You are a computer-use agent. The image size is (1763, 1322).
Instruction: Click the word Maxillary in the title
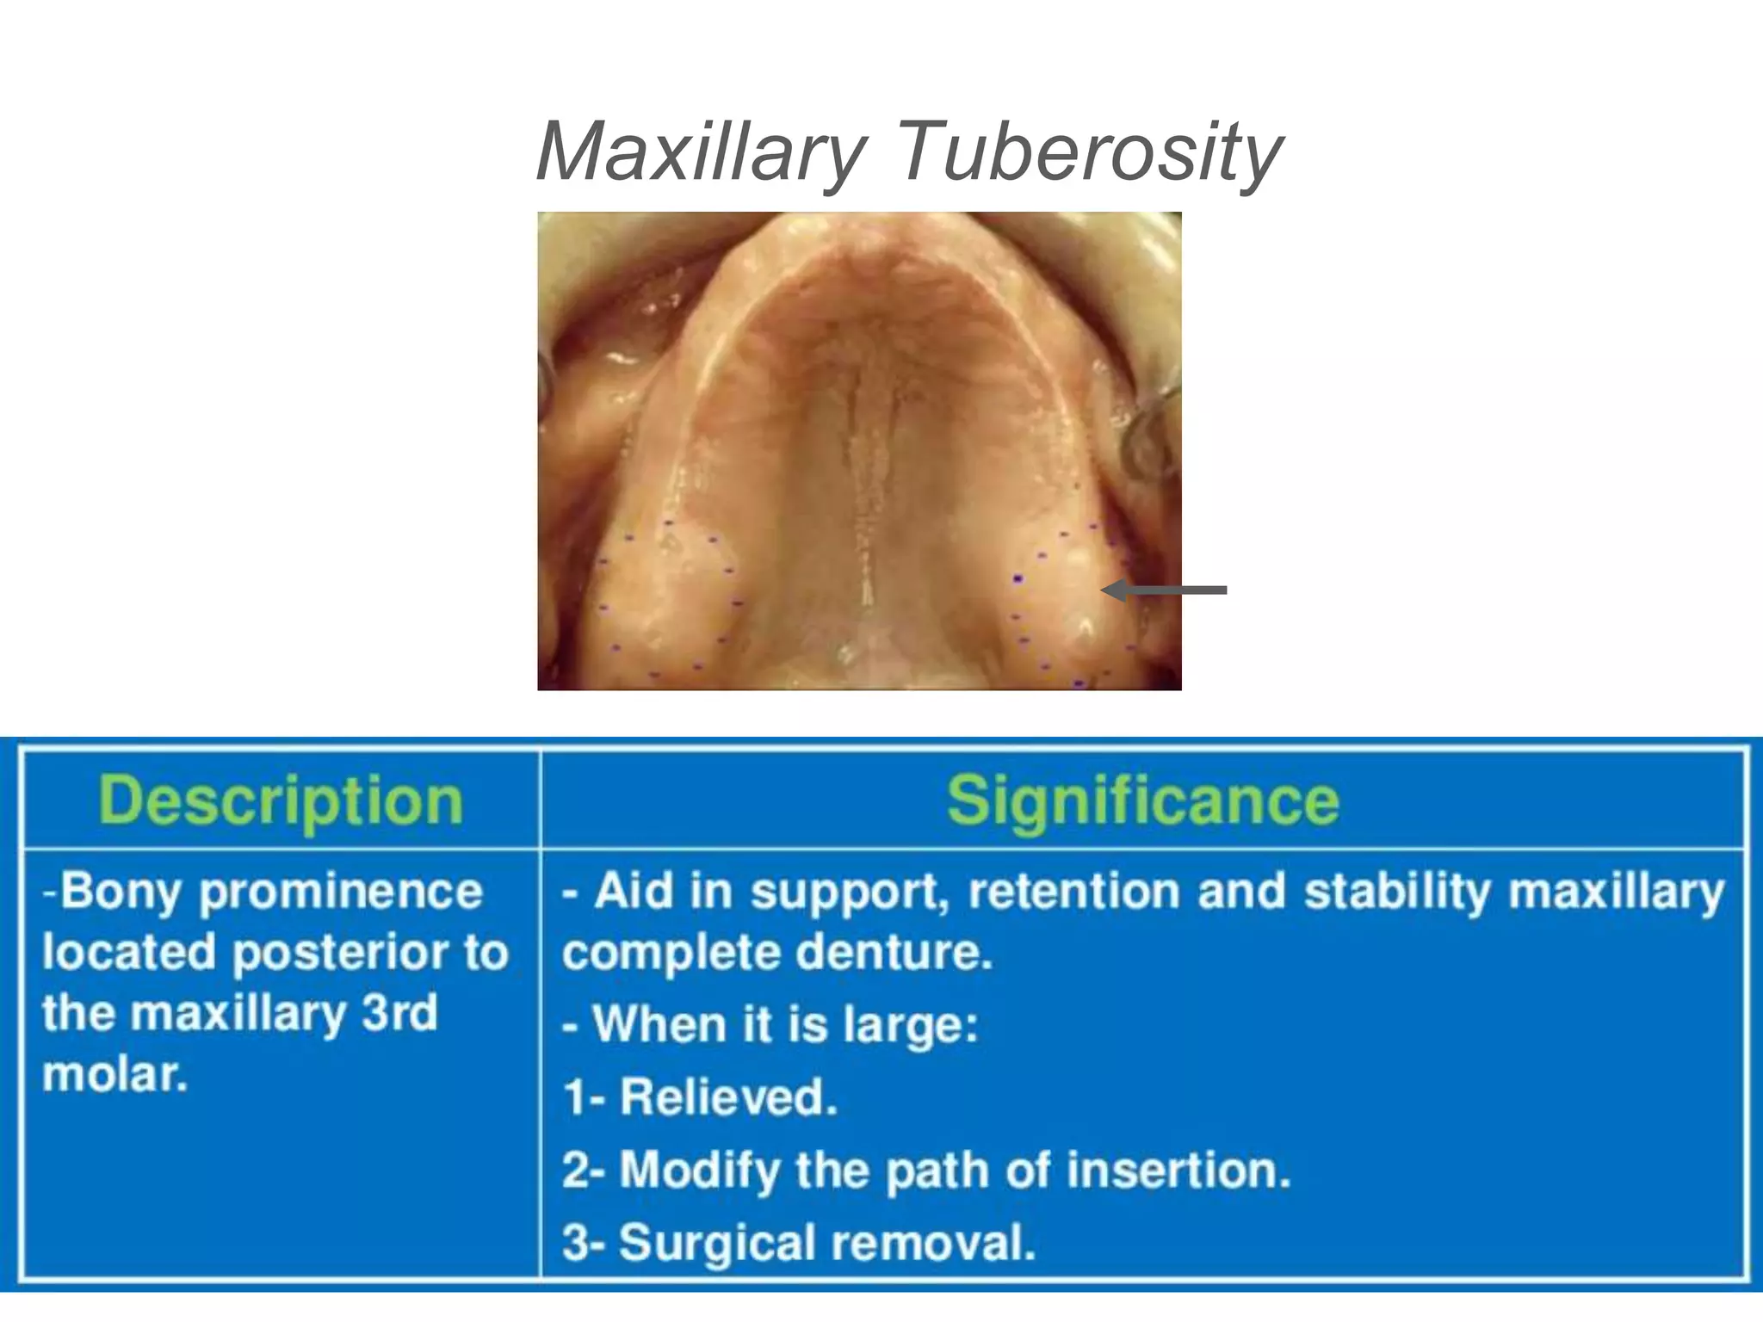699,153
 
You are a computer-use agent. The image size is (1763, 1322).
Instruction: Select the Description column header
281,800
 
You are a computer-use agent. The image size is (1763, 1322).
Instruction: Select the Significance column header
1142,800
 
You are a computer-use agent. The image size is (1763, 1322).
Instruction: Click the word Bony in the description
120,892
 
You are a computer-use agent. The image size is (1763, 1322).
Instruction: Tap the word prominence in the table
341,892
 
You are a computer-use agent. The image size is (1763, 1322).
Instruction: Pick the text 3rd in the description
399,1013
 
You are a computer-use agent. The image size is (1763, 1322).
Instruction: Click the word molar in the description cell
112,1074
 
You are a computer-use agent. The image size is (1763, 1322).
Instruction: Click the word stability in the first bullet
1397,892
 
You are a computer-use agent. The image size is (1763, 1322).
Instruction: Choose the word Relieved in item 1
728,1097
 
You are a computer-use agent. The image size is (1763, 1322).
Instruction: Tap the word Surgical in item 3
717,1243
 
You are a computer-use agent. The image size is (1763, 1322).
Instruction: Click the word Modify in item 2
699,1171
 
